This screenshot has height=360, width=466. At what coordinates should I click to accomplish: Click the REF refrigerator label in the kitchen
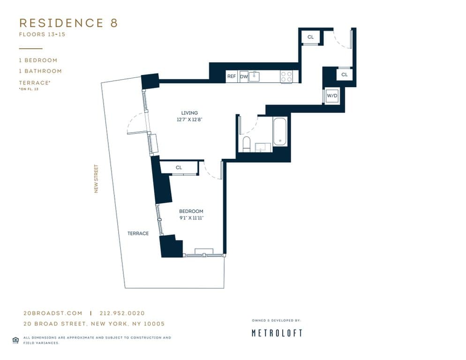(231, 76)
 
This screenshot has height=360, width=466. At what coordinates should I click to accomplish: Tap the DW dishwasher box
(244, 76)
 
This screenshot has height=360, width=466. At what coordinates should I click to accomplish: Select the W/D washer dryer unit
(332, 96)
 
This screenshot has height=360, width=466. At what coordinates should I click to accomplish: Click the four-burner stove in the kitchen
(286, 76)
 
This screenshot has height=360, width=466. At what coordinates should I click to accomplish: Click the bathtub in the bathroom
(280, 132)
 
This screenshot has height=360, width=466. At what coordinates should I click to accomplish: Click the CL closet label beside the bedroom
(179, 167)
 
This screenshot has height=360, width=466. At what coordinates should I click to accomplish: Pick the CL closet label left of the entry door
(310, 37)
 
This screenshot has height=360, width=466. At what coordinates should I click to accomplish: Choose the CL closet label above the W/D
(344, 75)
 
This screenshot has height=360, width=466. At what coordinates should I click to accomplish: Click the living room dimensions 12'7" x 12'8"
(189, 120)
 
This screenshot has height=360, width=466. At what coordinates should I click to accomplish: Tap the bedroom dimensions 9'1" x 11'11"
(191, 218)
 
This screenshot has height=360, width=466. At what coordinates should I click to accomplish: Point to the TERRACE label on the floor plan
(138, 233)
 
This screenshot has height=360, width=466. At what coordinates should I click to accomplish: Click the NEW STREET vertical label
(96, 179)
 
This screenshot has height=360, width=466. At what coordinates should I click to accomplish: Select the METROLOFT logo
(277, 333)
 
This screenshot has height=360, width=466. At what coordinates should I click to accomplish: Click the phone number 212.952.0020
(121, 313)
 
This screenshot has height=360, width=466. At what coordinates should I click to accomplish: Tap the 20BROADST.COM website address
(53, 313)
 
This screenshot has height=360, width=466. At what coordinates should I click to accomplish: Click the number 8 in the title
(113, 23)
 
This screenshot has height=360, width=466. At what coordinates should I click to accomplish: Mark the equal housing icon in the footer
(15, 340)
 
